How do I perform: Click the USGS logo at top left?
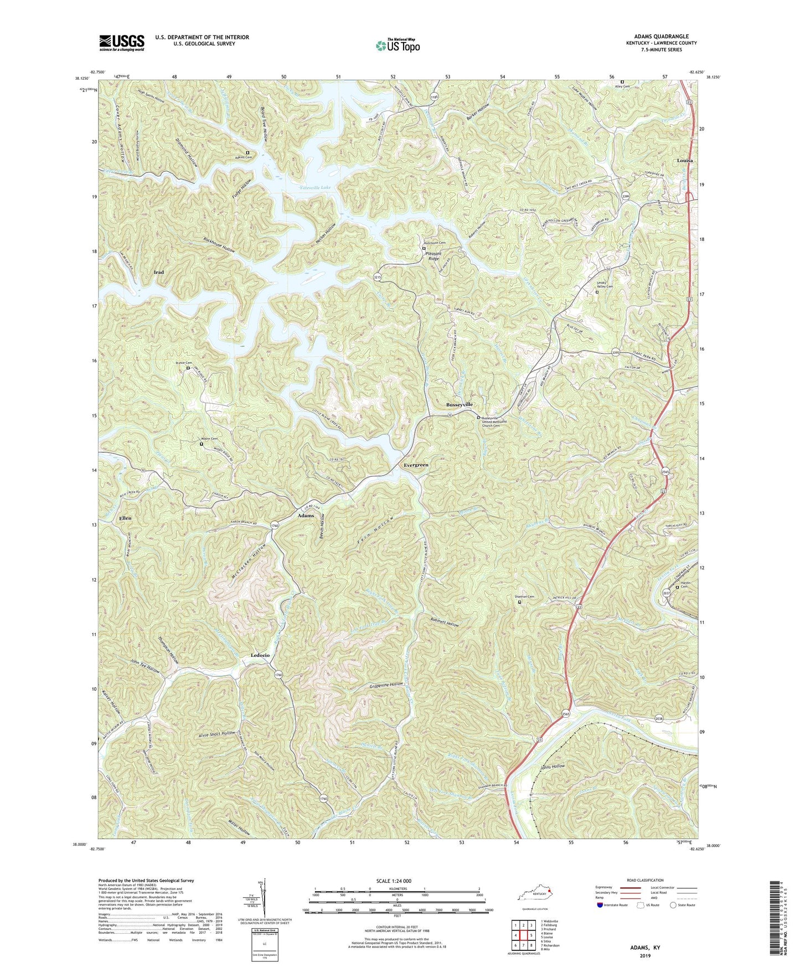[x=122, y=42]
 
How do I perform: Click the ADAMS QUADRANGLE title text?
[x=658, y=36]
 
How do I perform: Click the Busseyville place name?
[x=460, y=405]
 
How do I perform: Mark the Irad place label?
[x=159, y=272]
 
